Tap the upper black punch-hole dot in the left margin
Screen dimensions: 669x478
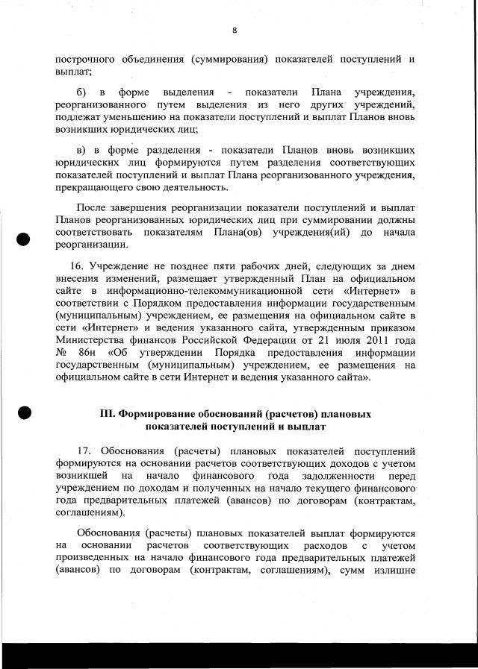24,238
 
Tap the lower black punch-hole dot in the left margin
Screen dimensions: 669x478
24,412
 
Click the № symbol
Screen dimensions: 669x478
61,352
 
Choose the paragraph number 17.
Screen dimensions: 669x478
86,451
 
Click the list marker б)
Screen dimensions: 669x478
82,92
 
